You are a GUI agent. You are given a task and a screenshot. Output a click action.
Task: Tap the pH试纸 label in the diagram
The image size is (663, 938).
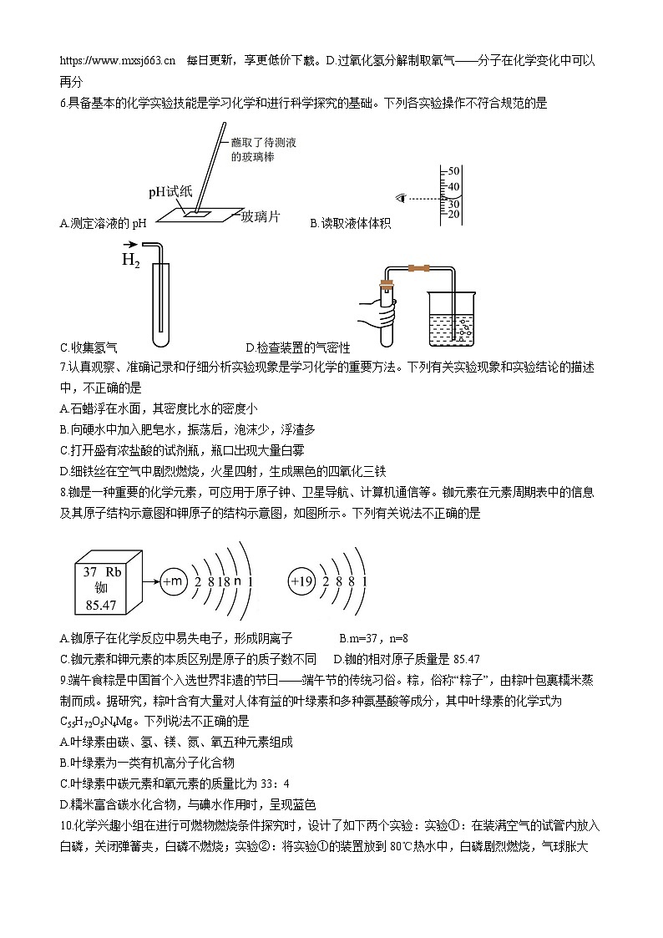[170, 191]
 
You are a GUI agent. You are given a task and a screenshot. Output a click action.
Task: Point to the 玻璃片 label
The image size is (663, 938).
[261, 217]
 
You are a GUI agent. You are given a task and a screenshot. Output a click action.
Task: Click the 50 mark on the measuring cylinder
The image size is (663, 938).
[454, 171]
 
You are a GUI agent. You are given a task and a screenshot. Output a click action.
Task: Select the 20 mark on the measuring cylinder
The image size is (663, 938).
[454, 215]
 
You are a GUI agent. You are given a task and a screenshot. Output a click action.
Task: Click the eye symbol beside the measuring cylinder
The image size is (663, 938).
[402, 198]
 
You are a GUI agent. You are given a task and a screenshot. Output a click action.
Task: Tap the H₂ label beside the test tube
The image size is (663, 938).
[131, 260]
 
